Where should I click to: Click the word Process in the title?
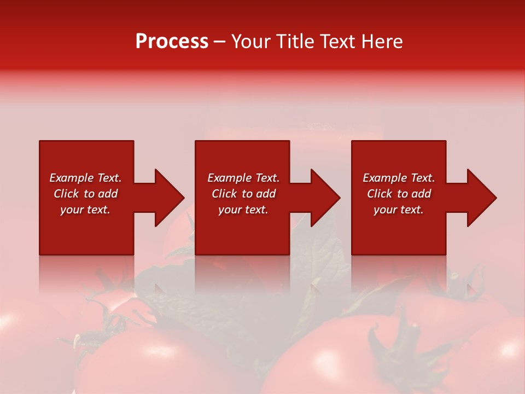172,42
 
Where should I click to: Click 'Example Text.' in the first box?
85,178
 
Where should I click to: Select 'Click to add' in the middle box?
243,194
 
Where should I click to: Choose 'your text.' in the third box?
398,210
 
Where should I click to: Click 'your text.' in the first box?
85,210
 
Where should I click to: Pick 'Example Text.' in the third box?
399,178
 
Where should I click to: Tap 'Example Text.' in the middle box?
243,178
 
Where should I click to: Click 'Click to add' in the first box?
85,194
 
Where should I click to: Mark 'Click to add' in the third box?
399,194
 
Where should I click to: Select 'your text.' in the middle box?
243,210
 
